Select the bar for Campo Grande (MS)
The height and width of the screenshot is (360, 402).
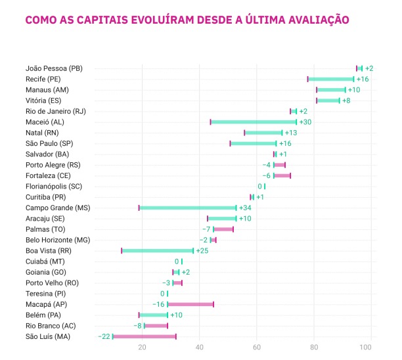tap(187, 208)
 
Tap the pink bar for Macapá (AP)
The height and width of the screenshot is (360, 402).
tap(190, 304)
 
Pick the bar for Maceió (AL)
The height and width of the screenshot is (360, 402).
tap(254, 122)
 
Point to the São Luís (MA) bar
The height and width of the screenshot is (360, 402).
tap(145, 336)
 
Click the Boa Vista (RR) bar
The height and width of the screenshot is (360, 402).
tap(158, 250)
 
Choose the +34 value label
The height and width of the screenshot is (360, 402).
tap(245, 208)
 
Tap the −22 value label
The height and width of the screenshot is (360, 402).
tap(104, 336)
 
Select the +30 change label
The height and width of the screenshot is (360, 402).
tap(306, 122)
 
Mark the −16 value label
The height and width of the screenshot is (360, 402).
tap(159, 304)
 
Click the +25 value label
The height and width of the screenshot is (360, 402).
tap(202, 250)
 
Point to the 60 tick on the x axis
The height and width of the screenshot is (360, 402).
tap(257, 348)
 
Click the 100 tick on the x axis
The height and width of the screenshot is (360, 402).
tap(370, 348)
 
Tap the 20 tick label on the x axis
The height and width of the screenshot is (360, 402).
tap(142, 348)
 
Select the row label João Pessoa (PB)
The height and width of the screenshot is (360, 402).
tap(54, 68)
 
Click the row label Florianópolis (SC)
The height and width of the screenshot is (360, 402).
tap(55, 186)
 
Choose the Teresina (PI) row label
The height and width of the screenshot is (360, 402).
tap(45, 293)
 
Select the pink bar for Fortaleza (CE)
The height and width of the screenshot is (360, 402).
tap(282, 175)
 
